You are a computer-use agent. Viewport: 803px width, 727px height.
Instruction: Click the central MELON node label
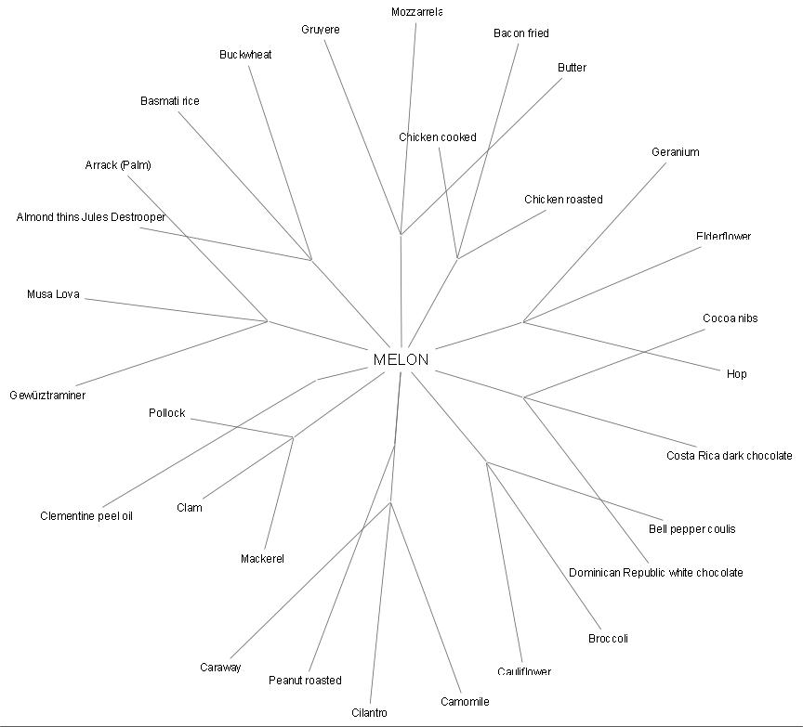click(x=401, y=359)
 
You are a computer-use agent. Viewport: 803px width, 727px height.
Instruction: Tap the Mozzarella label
click(x=416, y=12)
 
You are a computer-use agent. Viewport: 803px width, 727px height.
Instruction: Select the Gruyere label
click(x=321, y=30)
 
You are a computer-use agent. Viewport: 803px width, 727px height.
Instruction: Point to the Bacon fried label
click(x=521, y=33)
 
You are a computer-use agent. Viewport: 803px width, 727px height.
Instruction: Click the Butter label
click(x=572, y=68)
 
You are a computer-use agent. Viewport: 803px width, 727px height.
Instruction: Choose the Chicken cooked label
click(x=438, y=137)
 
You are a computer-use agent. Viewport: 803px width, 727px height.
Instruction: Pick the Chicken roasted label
click(x=563, y=200)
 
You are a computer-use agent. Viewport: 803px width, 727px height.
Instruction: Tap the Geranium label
click(x=675, y=152)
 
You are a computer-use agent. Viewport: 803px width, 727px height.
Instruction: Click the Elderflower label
click(x=723, y=237)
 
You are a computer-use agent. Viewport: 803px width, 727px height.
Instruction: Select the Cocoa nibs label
click(x=730, y=318)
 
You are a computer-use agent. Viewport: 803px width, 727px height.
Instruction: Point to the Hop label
click(x=736, y=374)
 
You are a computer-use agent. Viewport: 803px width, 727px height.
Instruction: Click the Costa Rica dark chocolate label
click(x=729, y=456)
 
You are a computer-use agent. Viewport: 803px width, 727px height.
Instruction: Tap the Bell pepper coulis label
click(x=691, y=529)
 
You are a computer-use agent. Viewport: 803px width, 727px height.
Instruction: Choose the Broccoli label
click(x=608, y=639)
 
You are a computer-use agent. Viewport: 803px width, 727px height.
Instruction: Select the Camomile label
click(x=465, y=702)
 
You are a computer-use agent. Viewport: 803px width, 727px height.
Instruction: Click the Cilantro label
click(x=369, y=713)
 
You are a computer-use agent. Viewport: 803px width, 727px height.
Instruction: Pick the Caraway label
click(x=220, y=668)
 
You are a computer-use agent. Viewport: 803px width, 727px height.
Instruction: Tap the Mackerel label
click(x=262, y=559)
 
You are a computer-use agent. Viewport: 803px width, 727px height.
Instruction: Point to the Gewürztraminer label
click(x=47, y=396)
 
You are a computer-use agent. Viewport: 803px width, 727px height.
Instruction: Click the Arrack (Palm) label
click(x=118, y=165)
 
